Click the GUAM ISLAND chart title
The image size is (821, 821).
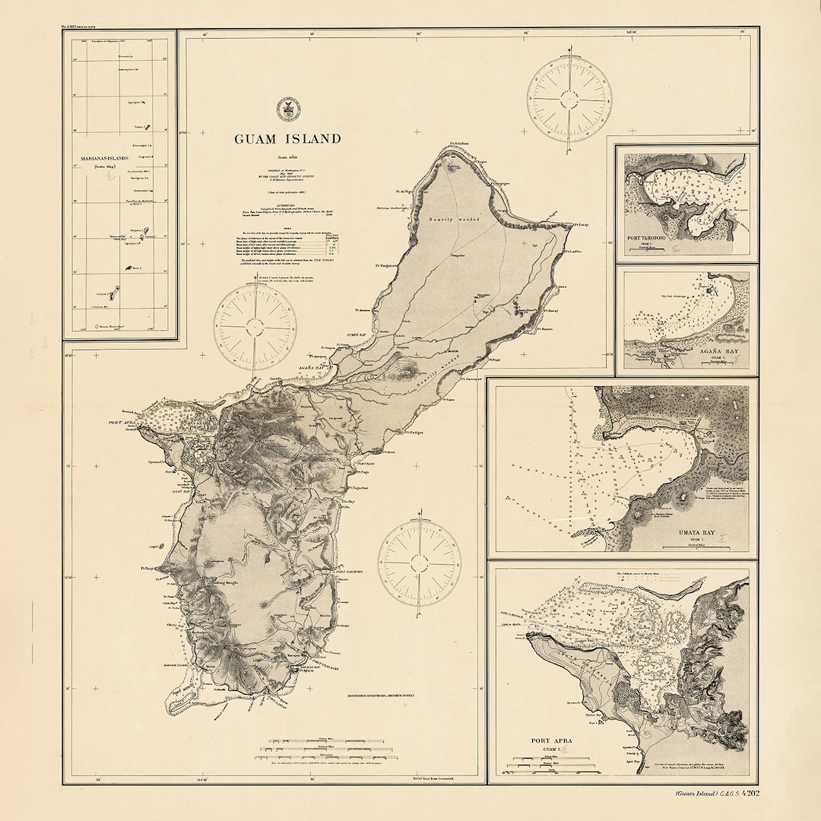pos(287,139)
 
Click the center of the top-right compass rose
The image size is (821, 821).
pos(569,99)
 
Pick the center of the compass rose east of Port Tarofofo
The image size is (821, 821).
pos(420,563)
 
